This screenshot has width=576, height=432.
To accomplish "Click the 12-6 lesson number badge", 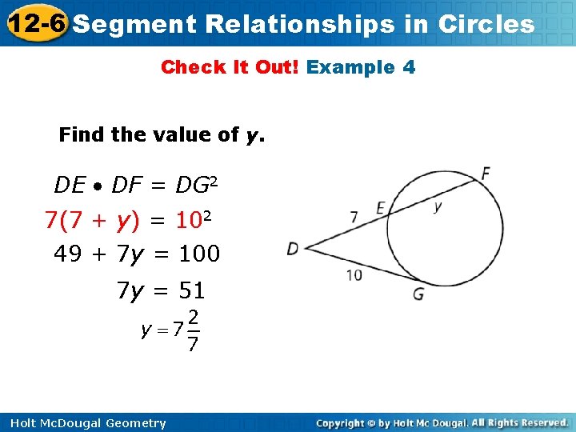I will [x=35, y=23].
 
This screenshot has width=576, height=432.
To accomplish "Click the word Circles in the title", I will [x=486, y=24].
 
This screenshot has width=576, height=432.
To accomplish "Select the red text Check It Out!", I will [x=230, y=67].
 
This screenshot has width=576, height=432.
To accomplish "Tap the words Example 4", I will [x=361, y=67].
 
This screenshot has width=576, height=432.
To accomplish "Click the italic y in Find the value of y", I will [x=254, y=134].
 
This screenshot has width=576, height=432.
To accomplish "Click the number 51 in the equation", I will [x=191, y=290].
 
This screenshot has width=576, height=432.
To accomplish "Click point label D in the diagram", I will [x=293, y=249].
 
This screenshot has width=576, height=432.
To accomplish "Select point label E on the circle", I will [x=381, y=208].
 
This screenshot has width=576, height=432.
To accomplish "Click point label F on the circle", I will [x=485, y=173].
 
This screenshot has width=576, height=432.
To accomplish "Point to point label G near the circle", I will [x=418, y=294].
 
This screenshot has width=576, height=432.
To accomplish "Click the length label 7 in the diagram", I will [x=354, y=216].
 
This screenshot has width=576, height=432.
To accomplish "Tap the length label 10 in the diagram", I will [x=354, y=275].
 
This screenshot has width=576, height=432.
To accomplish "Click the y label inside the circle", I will [x=438, y=206].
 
